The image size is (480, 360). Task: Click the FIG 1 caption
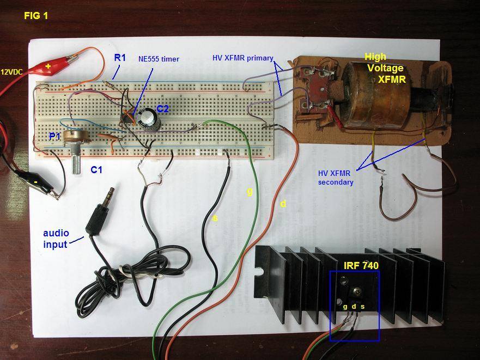coord(36,16)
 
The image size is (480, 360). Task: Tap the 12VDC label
coord(11,72)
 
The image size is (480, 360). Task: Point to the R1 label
coord(120,58)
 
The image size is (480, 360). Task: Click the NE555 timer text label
coord(159,59)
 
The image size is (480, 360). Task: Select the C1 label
coord(96,169)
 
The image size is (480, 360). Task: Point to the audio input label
coord(56,239)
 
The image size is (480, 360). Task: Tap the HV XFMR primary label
coord(242,58)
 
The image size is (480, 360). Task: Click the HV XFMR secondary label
coord(336,178)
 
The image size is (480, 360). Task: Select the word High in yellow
coord(375,57)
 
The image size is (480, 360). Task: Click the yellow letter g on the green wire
coord(250,192)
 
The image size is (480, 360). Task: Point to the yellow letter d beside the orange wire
coord(283,203)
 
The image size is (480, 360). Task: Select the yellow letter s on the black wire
coord(215,218)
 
